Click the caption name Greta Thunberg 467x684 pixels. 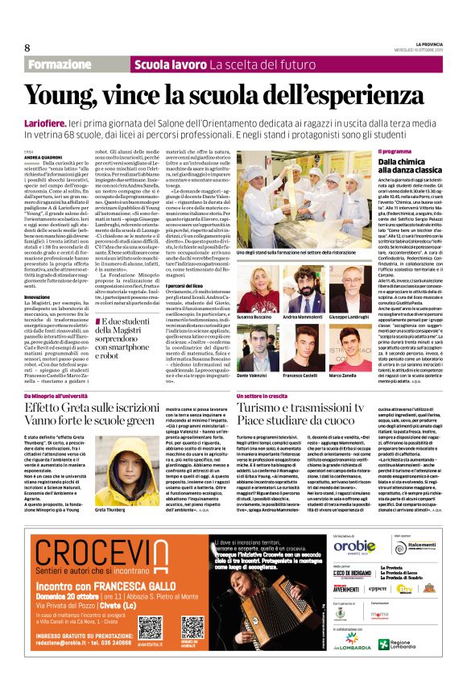(112, 510)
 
